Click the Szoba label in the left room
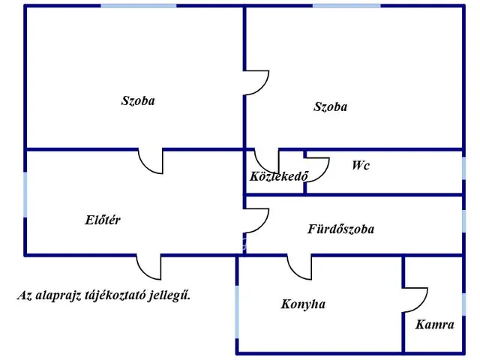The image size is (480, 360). point(138,100)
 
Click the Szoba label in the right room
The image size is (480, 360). point(330,106)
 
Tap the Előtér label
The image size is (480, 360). point(103,220)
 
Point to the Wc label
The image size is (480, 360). point(361,166)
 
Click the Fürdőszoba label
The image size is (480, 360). point(340,229)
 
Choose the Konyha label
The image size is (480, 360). point(303,304)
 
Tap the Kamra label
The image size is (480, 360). point(435,325)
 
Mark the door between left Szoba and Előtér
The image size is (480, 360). point(151,160)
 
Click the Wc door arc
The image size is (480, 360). point(317,169)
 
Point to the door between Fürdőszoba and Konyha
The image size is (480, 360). point(299,267)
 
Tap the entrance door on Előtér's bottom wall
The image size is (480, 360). point(148,267)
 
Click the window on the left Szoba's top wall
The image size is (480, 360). point(139,6)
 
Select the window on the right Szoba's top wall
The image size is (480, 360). point(346,6)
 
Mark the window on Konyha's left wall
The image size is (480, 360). point(238,312)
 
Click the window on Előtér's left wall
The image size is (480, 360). point(25,195)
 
